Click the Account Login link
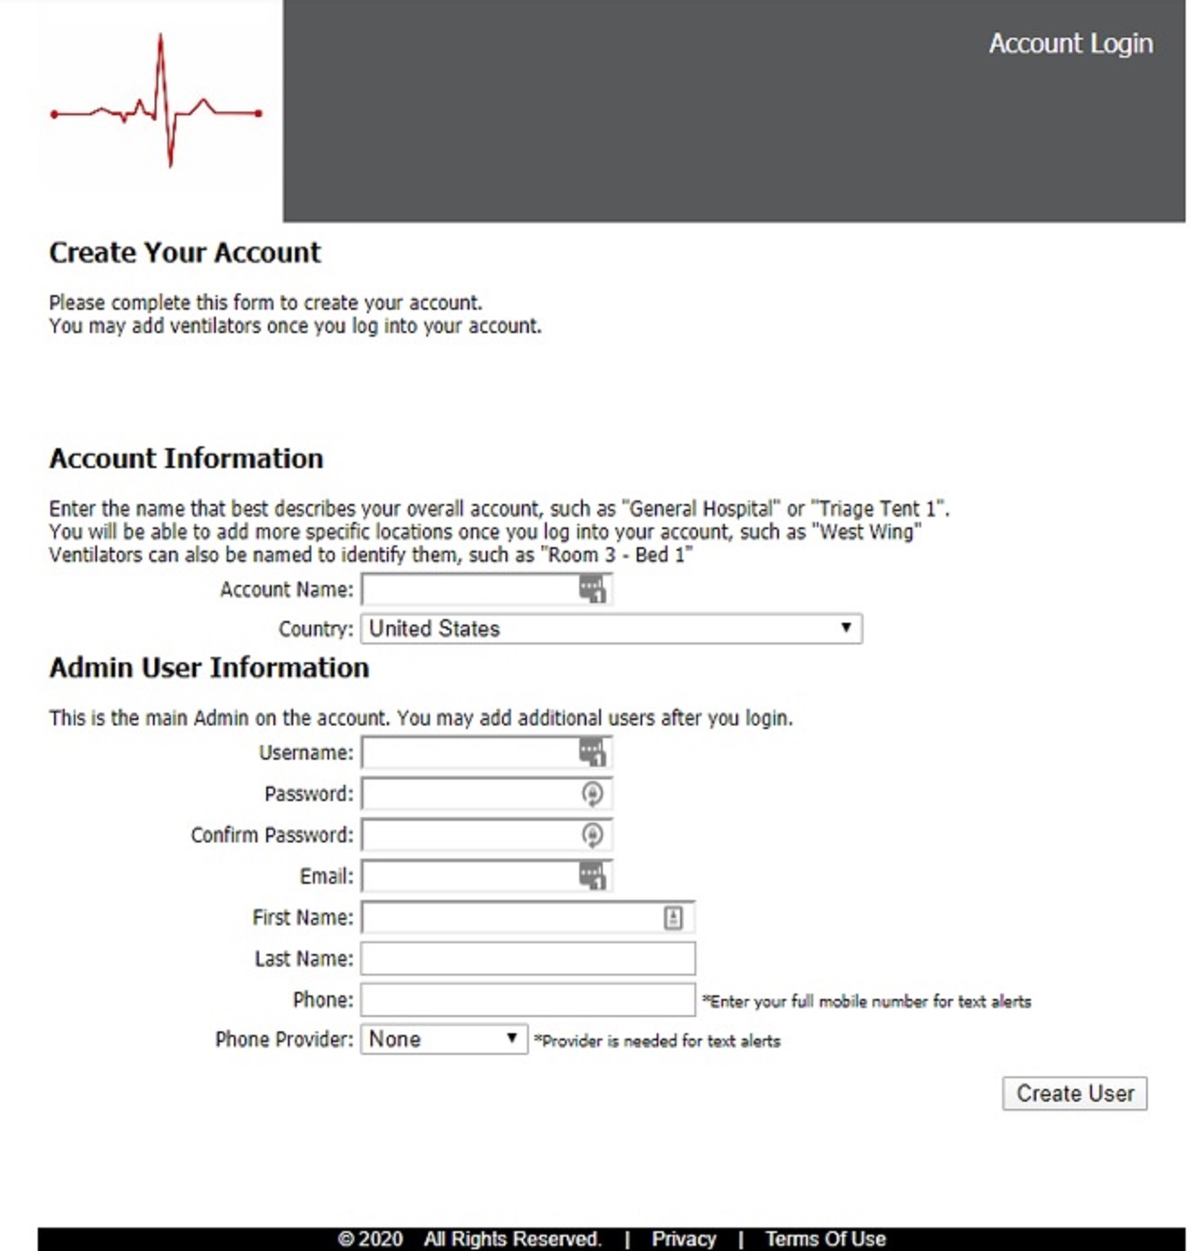pos(1070,43)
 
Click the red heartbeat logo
pos(157,104)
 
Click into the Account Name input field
pos(468,590)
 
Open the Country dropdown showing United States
pos(611,628)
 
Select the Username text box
pos(468,752)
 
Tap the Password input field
pos(468,794)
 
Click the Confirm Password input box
pos(468,835)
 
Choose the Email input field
pos(468,876)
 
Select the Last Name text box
pos(528,958)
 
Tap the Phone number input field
pos(528,1000)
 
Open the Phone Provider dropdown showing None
pos(443,1039)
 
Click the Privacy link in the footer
pos(684,1239)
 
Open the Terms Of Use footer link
pos(825,1239)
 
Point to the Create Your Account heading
pos(184,253)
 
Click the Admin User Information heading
pos(209,668)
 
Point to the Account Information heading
pos(186,459)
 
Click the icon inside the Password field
pos(592,794)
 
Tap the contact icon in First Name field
pos(673,917)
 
